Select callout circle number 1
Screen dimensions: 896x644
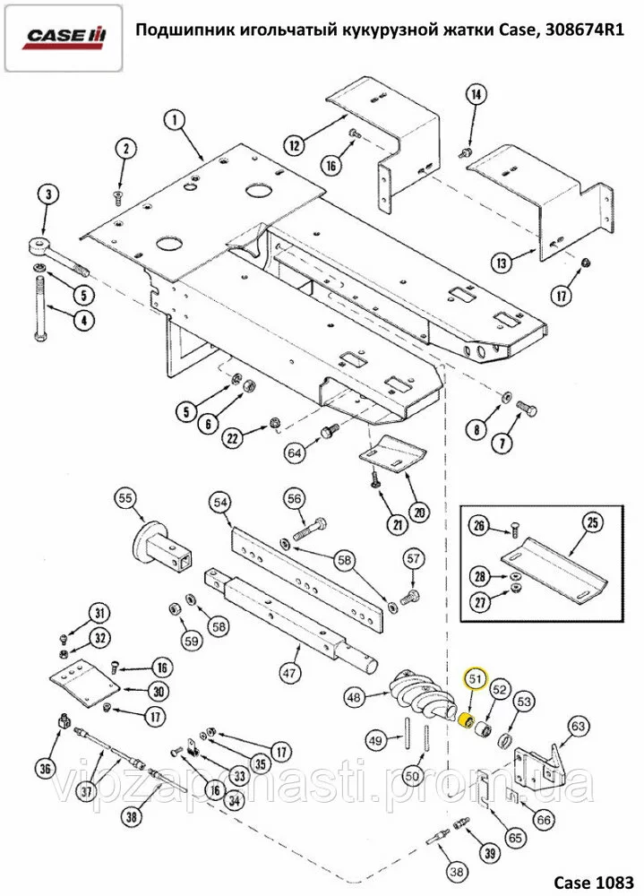[x=173, y=118]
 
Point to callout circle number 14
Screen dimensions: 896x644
[x=476, y=95]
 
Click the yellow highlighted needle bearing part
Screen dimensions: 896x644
[x=465, y=722]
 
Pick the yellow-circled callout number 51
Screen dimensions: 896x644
[x=476, y=680]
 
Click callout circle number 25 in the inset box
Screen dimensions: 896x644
[x=590, y=521]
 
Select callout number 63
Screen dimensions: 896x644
[x=578, y=726]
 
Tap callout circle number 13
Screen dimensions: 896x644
[x=502, y=263]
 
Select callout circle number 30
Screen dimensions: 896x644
[x=158, y=691]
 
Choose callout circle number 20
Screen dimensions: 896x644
[x=420, y=512]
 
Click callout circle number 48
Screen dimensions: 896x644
[x=355, y=695]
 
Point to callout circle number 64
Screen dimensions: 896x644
[x=295, y=453]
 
